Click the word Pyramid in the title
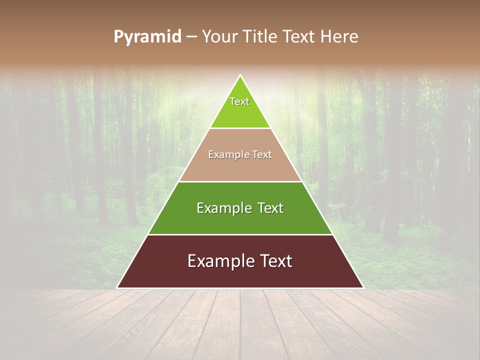pyautogui.click(x=147, y=37)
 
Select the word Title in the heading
pyautogui.click(x=261, y=37)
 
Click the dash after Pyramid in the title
pyautogui.click(x=191, y=37)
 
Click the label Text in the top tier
pyautogui.click(x=239, y=101)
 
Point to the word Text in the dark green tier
pyautogui.click(x=270, y=208)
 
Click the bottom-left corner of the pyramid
pyautogui.click(x=118, y=287)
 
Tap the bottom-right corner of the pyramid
pyautogui.click(x=363, y=287)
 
